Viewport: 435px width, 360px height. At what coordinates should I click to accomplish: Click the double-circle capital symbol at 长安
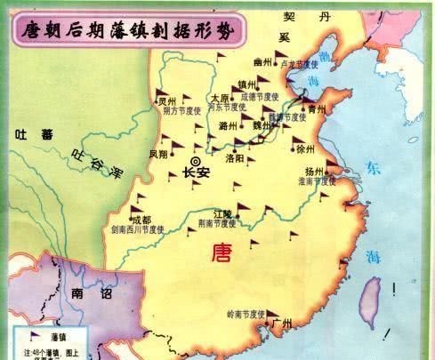coord(193,159)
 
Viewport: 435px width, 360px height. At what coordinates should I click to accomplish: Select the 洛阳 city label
coord(234,157)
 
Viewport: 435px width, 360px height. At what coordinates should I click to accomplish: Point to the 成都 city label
coord(141,219)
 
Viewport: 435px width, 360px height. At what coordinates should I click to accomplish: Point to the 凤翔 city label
coord(158,154)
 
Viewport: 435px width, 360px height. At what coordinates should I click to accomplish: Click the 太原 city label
coord(220,96)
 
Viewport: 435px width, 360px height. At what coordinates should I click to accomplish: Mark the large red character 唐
coord(221,255)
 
